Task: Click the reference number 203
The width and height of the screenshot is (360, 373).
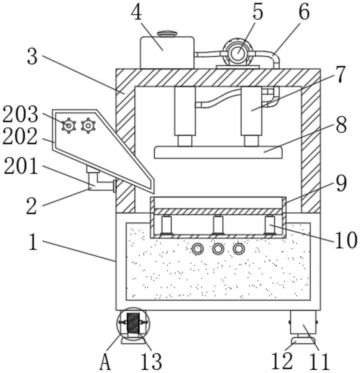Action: [20, 114]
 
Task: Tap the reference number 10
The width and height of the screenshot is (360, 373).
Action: [346, 240]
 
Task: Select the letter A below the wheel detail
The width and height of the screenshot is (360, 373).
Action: [105, 362]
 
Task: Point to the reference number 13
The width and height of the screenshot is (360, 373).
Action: [151, 361]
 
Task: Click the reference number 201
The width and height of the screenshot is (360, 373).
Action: [21, 166]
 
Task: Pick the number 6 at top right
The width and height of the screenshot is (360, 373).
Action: [304, 12]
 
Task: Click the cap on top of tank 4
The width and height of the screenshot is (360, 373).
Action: [168, 34]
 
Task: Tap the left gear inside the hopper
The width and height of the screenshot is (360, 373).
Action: [69, 126]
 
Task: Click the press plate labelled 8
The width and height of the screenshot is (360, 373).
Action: [218, 152]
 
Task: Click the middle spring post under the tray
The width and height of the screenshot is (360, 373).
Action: [218, 225]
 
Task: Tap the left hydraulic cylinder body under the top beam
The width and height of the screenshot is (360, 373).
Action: [185, 111]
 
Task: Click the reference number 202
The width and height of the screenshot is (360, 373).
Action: [20, 136]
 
